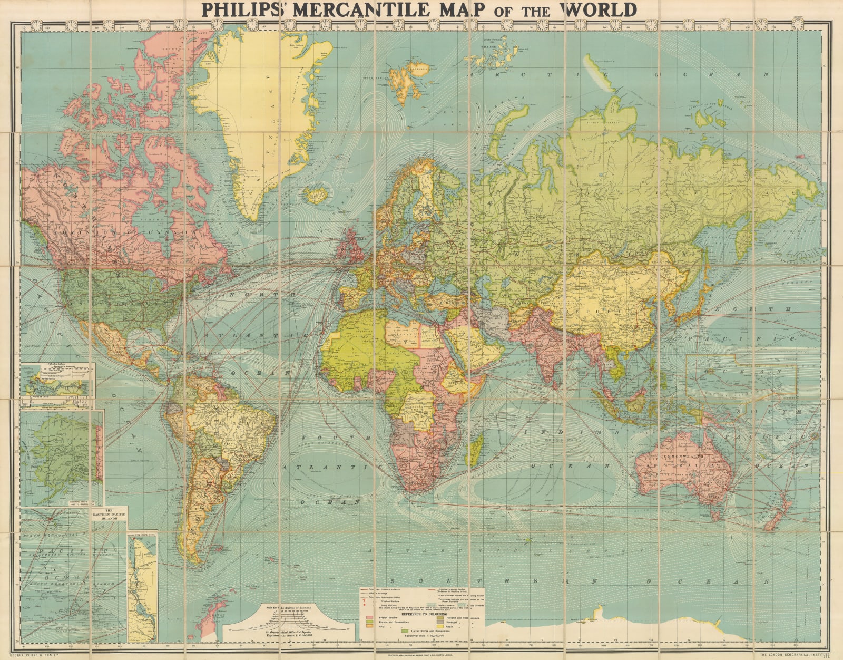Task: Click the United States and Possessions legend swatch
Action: coord(404,630)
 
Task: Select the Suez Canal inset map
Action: coord(142,585)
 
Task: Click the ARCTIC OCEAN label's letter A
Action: coord(473,74)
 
